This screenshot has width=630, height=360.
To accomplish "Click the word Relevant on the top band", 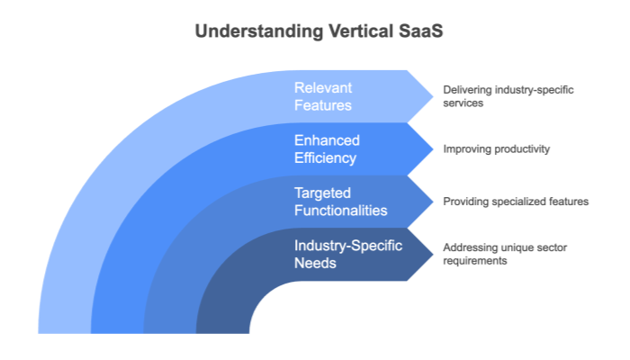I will [321, 88].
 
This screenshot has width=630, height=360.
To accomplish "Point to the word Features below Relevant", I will [322, 105].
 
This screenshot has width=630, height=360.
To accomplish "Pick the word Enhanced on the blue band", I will [327, 141].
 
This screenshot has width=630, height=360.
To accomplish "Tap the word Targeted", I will [323, 193].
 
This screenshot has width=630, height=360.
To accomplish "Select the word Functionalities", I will [341, 211].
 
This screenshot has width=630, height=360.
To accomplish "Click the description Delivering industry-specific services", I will [508, 96].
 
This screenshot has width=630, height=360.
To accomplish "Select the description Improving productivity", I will [496, 149].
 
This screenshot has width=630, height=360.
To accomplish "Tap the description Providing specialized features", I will [516, 202].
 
